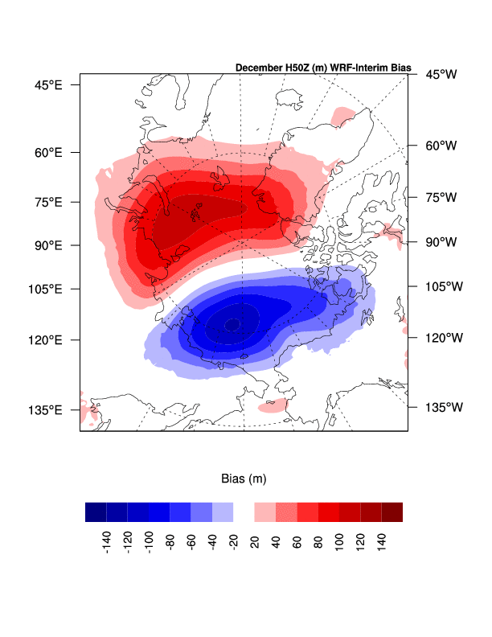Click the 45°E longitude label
click(49, 84)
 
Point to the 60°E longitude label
click(49, 152)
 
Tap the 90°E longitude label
click(49, 245)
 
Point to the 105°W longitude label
click(443, 286)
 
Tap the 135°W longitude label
click(443, 408)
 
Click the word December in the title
click(260, 68)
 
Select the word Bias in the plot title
click(398, 68)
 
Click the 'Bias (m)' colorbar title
click(244, 479)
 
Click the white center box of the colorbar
click(244, 512)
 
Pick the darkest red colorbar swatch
click(392, 512)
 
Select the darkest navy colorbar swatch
click(96, 512)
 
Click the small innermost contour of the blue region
click(232, 324)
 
